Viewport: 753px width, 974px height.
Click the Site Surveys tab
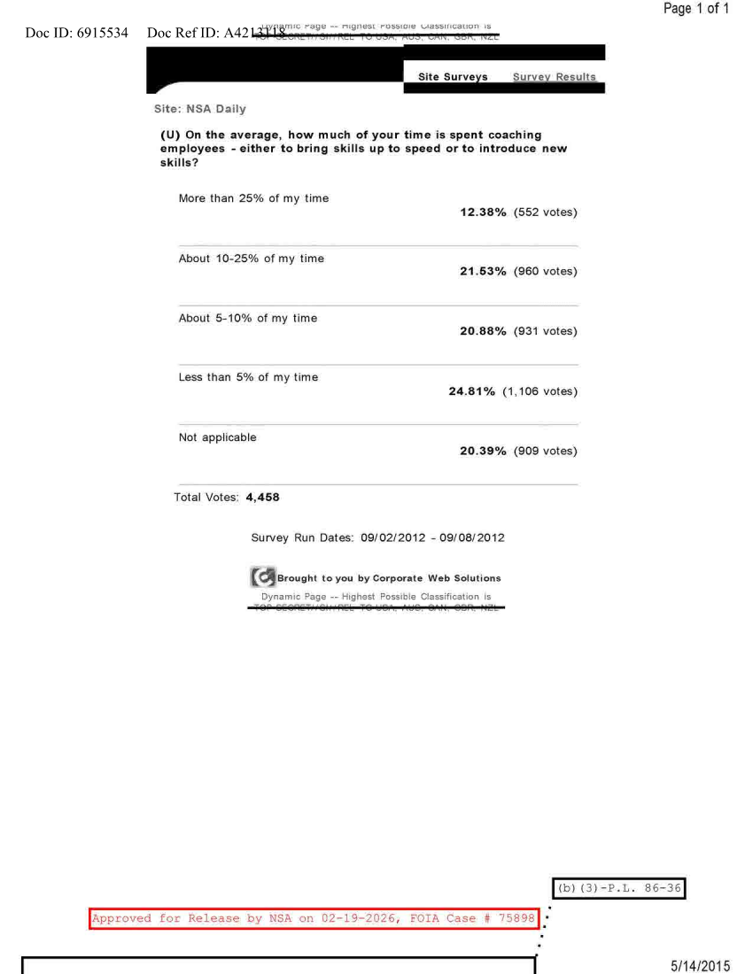(x=452, y=77)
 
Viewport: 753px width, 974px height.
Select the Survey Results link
(x=554, y=77)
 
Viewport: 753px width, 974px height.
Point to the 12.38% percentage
(x=484, y=213)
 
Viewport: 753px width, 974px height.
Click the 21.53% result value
(x=484, y=272)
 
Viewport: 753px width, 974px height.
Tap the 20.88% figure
(x=484, y=331)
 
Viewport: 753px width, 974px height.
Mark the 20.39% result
(x=484, y=451)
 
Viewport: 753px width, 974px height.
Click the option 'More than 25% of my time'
(x=253, y=198)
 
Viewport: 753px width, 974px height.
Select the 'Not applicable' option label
(x=217, y=437)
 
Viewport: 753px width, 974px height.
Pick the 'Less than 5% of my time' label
(x=248, y=378)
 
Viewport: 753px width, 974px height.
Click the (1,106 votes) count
(x=540, y=390)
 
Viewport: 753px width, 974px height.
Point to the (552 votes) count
(x=545, y=213)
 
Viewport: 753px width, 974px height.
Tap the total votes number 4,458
(x=262, y=498)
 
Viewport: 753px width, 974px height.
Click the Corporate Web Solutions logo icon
(x=262, y=578)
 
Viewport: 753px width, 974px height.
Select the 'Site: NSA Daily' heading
(x=188, y=109)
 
